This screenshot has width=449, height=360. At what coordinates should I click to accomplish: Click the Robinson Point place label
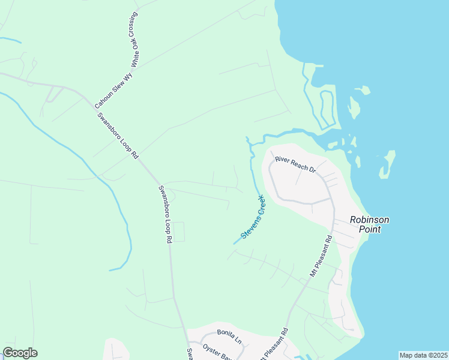coord(370,224)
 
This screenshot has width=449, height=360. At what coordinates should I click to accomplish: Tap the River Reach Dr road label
coord(295,164)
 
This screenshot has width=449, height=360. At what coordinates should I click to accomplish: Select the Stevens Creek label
coord(253,216)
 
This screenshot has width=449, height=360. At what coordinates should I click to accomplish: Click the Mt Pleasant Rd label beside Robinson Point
coord(321,255)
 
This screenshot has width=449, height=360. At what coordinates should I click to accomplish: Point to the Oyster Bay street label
coord(217,352)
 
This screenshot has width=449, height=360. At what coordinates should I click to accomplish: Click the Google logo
coord(20,353)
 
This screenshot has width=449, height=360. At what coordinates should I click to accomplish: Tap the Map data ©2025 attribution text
coord(423,355)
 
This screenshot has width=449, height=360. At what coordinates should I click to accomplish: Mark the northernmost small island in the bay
coord(363,91)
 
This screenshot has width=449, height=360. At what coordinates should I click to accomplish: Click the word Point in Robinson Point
coord(370,229)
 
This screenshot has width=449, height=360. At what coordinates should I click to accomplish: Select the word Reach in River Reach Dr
coord(297,165)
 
